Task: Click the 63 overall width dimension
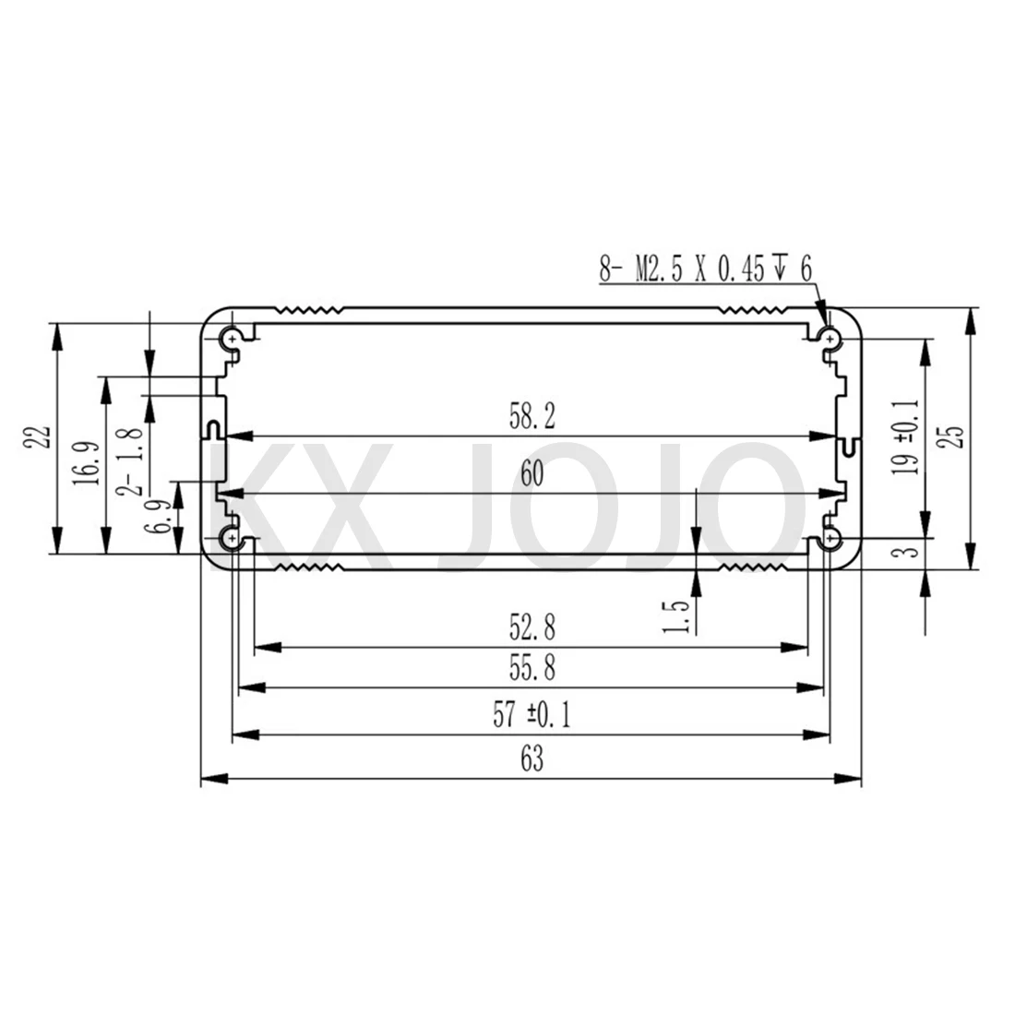pos(531,759)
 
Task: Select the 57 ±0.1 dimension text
pos(531,714)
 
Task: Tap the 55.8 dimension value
pos(531,667)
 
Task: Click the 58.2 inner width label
pos(531,418)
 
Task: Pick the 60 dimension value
pos(531,474)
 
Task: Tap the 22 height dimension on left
pos(37,436)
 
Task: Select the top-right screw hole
pos(832,340)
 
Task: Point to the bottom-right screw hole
pos(832,537)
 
